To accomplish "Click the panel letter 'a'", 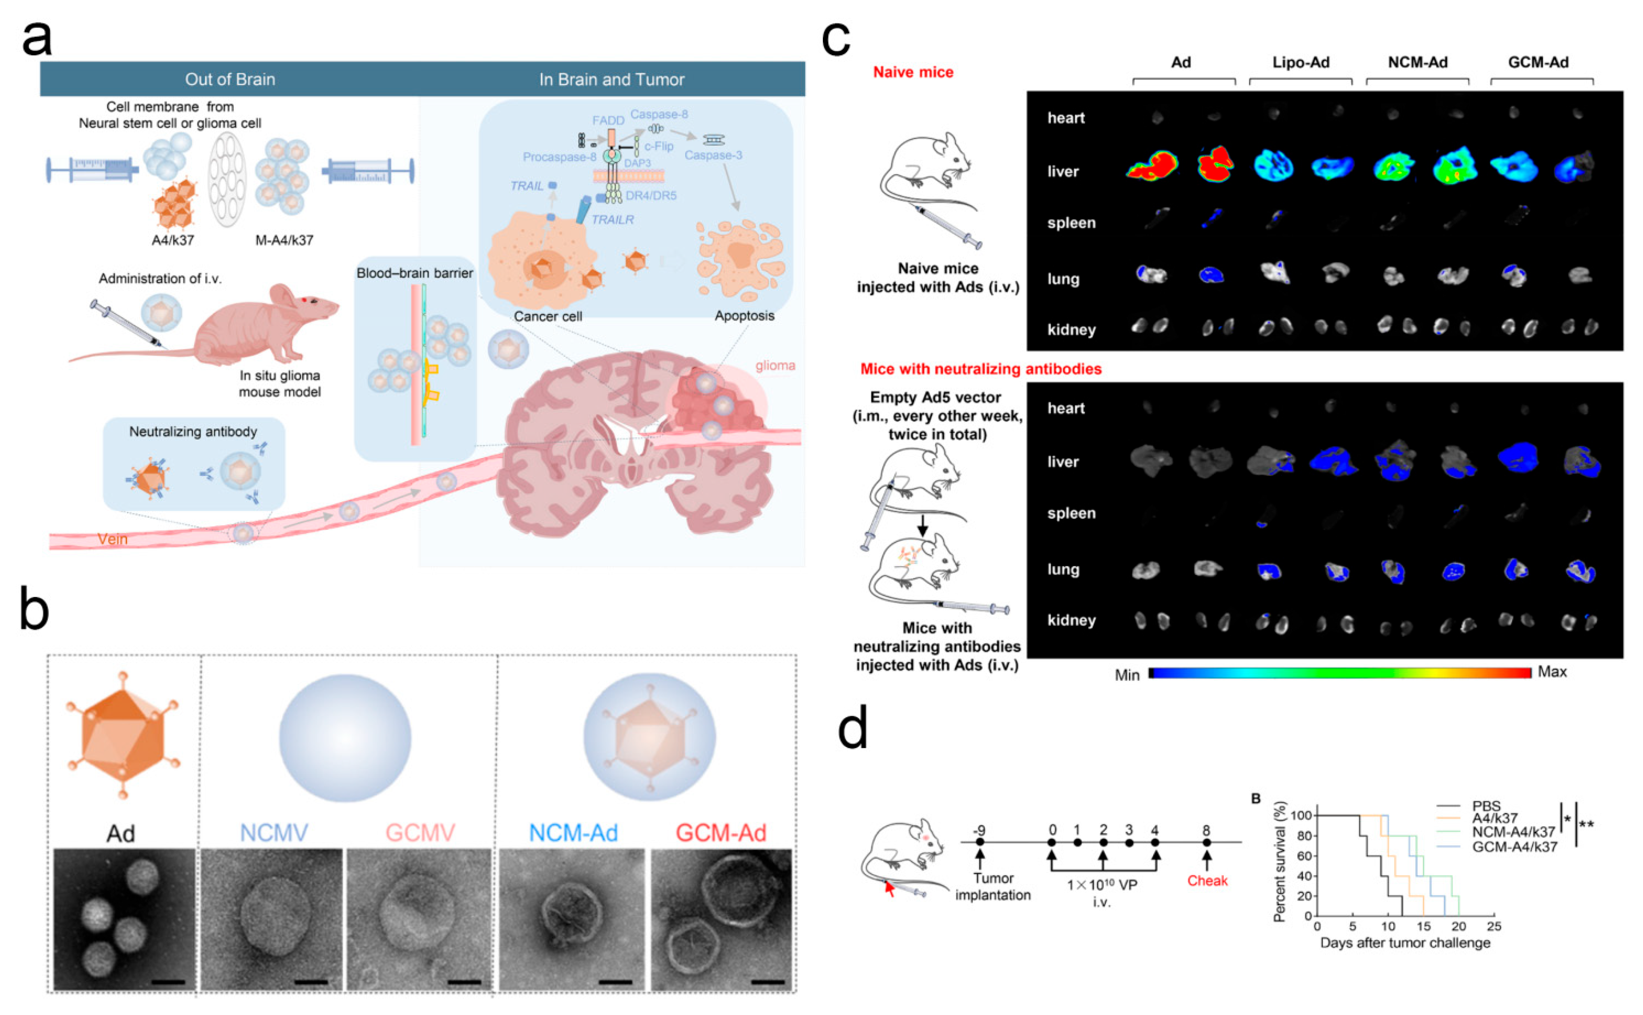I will coord(36,39).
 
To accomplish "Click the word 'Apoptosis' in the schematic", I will coord(744,315).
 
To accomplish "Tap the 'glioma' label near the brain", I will coord(775,366).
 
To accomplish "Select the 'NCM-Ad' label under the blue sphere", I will coord(573,833).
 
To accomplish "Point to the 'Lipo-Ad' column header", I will coord(1300,63).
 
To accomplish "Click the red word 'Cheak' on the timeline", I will coord(1207,881).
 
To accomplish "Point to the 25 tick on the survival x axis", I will coord(1494,927).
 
